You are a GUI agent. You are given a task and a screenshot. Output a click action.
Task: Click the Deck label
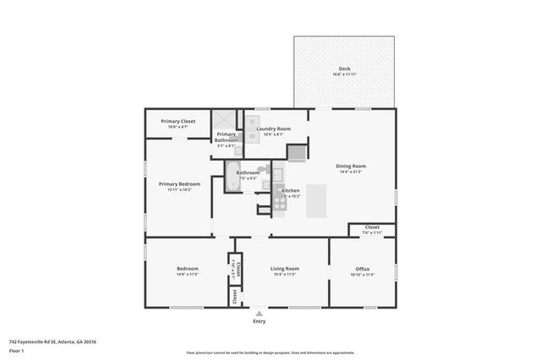[x=344, y=68]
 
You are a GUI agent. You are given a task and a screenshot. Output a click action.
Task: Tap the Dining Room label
[x=351, y=166]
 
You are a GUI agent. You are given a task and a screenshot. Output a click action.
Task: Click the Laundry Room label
[x=275, y=128]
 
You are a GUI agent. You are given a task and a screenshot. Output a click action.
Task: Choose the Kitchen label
[x=291, y=191]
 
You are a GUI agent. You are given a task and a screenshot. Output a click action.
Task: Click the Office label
[x=363, y=269]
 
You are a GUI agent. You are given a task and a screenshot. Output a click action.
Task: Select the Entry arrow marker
[x=260, y=313]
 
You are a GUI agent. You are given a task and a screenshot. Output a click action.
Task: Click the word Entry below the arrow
[x=260, y=322]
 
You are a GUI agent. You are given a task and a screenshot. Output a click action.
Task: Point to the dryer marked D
[x=252, y=122]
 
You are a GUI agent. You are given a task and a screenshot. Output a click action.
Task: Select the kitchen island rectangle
[x=316, y=200]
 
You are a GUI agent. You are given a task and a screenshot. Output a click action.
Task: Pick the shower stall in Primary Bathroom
[x=226, y=121]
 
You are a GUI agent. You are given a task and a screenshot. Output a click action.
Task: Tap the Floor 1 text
[x=17, y=350]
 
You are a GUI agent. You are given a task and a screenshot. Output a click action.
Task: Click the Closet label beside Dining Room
[x=372, y=226]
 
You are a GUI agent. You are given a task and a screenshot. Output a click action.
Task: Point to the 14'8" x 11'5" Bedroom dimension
[x=187, y=274]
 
